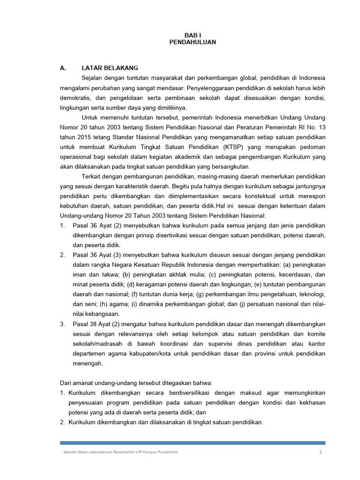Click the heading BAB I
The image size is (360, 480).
[192, 35]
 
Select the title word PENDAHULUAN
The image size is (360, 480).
[192, 42]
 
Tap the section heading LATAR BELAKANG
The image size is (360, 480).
[110, 68]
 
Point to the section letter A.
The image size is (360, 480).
[63, 68]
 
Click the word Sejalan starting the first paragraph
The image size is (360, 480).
[92, 77]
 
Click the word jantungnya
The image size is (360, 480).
[309, 186]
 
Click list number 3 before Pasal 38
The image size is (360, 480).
[62, 324]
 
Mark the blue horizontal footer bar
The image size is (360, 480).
[192, 442]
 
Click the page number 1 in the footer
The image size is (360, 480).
[321, 452]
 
